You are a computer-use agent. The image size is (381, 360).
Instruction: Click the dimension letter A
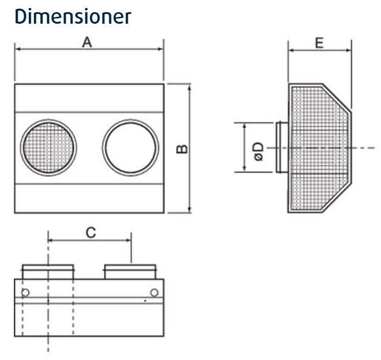click(88, 43)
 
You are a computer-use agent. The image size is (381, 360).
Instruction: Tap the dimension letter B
click(181, 149)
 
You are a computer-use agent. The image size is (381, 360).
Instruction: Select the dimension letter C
click(90, 232)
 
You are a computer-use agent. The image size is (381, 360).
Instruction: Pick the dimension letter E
click(319, 43)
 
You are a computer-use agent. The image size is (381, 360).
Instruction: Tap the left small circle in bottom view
click(25, 291)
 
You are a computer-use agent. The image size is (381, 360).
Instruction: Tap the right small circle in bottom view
click(154, 291)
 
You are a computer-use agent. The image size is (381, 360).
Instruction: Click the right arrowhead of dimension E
click(349, 50)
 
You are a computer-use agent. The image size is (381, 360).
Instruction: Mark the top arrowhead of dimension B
click(189, 86)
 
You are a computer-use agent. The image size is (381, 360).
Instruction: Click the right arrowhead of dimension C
click(129, 239)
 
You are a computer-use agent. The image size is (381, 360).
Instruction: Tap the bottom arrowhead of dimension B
click(189, 210)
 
